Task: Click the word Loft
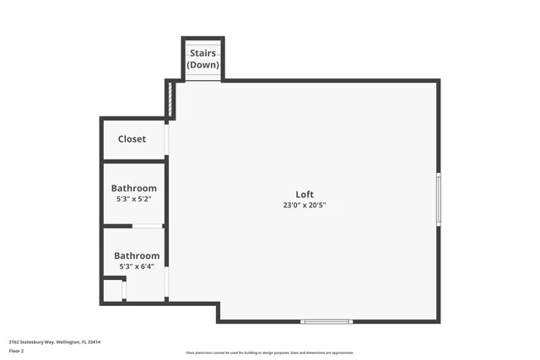coord(305,195)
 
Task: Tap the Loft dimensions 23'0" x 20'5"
coord(305,206)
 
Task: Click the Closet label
coord(132,139)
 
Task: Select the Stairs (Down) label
coord(202,59)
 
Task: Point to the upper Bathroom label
coord(134,188)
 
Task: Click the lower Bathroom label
coord(137,255)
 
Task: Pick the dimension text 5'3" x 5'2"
coord(134,199)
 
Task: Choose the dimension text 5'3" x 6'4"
coord(137,266)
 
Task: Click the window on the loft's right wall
coord(438,199)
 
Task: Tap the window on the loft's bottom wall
coord(327,321)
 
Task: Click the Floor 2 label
coord(17,350)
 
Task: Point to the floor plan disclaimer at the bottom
coord(270,352)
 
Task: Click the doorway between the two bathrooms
coord(148,226)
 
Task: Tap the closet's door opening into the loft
coord(167,139)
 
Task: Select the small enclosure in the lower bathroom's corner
coord(113,290)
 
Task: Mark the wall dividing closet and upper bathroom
coord(133,160)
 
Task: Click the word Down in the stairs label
coord(202,65)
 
